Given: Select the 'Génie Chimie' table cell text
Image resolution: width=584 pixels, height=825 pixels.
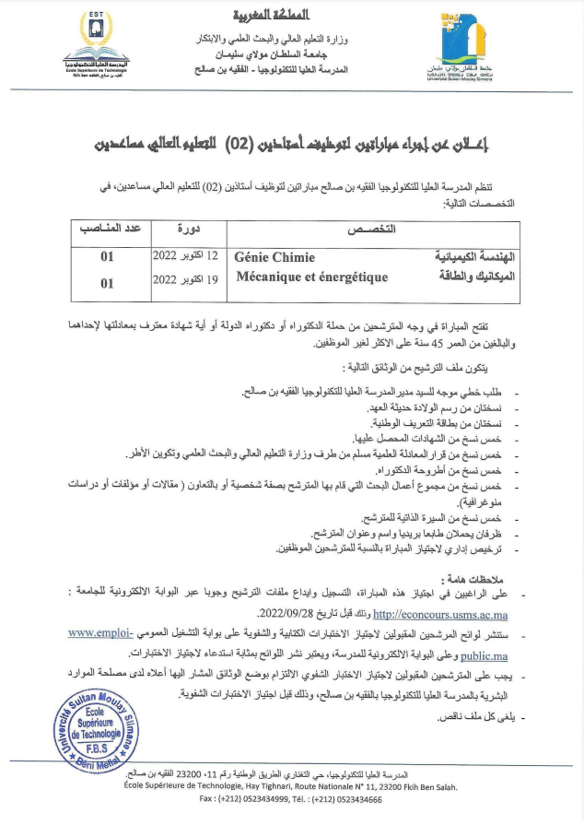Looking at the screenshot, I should coord(274,256).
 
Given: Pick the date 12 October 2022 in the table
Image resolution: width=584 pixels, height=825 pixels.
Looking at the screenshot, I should coord(187,255).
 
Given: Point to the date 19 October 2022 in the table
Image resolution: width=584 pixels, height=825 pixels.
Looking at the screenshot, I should coord(187,277).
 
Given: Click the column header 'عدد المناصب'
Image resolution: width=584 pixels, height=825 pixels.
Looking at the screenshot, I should coord(106,228).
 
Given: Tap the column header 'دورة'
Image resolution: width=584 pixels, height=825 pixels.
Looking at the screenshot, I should coord(187,228).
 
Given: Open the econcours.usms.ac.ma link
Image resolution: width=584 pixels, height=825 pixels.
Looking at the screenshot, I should coord(428,614).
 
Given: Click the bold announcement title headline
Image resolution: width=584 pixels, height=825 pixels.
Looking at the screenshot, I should coord(290,143).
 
